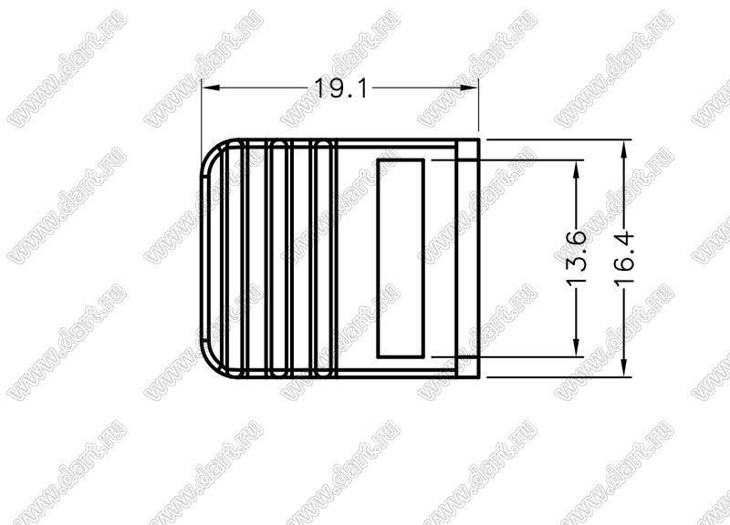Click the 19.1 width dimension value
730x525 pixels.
pos(341,87)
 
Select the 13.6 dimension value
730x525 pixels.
pos(576,258)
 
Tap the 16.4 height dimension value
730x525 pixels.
pos(624,258)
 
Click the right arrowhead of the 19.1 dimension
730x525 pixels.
pos(469,87)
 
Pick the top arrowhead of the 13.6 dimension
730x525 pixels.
pos(576,170)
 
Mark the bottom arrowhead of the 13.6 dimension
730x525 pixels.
pos(576,347)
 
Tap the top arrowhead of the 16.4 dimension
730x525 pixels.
pos(624,149)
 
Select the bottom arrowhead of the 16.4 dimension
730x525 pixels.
pos(624,367)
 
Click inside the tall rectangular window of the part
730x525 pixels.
pos(401,259)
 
